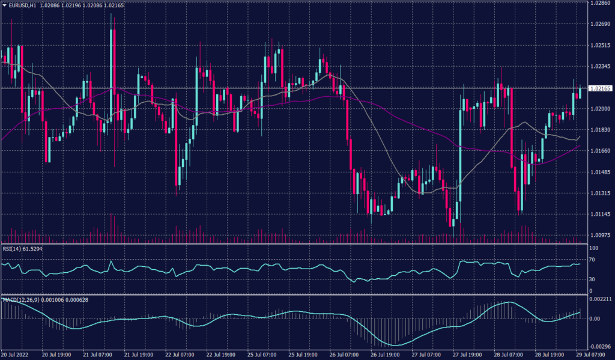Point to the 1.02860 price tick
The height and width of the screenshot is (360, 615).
click(x=601, y=4)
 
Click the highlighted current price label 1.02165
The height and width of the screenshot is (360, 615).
click(x=601, y=88)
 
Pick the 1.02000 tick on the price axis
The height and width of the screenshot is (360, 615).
click(x=601, y=109)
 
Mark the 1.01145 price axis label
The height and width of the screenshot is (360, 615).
click(x=601, y=215)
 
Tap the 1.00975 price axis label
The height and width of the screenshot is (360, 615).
click(x=601, y=236)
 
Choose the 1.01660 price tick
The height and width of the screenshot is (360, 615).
click(x=601, y=151)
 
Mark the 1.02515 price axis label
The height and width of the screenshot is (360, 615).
click(x=601, y=46)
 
